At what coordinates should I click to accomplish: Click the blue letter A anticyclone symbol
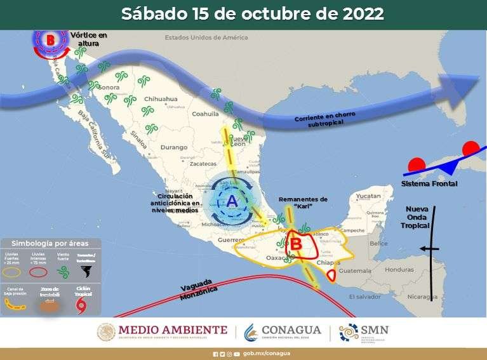tap(231, 201)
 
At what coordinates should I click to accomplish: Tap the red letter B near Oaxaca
tap(295, 243)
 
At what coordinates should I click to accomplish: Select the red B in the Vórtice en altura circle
tap(51, 40)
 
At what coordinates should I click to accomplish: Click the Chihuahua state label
tap(160, 99)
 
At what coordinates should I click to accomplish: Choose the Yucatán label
tap(367, 197)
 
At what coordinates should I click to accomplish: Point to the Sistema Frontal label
tap(429, 183)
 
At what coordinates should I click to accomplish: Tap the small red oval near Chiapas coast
tap(331, 275)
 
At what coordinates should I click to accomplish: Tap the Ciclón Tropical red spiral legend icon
tap(83, 306)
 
